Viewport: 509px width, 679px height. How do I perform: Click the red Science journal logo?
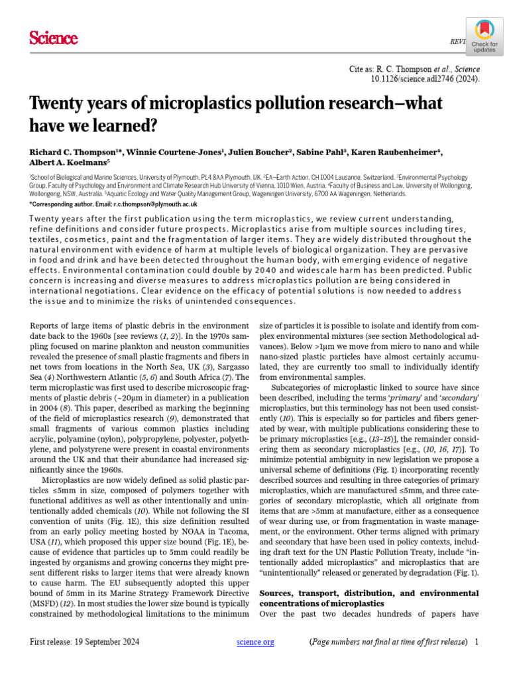[x=54, y=39]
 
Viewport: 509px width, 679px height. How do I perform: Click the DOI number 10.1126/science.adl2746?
[x=424, y=79]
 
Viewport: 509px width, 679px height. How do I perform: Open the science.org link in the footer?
[x=255, y=643]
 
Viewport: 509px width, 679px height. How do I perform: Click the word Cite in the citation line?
[x=357, y=69]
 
